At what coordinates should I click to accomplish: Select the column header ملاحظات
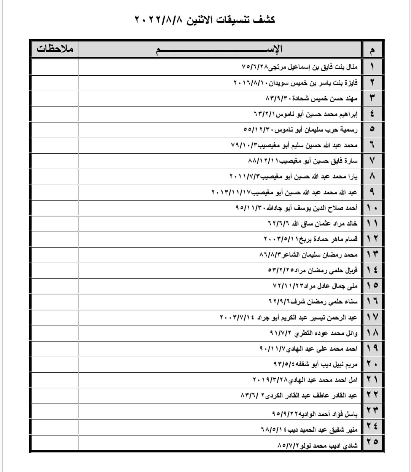click(54, 49)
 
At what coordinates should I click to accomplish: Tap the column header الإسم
click(220, 49)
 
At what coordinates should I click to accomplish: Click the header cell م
click(372, 49)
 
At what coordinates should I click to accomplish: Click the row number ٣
click(372, 98)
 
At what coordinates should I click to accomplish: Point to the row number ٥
click(372, 129)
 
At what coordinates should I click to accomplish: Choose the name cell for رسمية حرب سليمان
click(301, 129)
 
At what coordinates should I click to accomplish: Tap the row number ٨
click(372, 176)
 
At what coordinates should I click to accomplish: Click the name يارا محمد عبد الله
click(293, 176)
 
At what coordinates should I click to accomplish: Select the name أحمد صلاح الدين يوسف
click(296, 208)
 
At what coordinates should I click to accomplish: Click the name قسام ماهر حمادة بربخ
click(311, 239)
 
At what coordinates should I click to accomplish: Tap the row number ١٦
click(372, 302)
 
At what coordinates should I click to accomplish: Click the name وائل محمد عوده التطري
click(314, 333)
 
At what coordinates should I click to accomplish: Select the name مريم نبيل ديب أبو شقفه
click(315, 364)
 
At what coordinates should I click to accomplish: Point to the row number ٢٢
click(372, 396)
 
